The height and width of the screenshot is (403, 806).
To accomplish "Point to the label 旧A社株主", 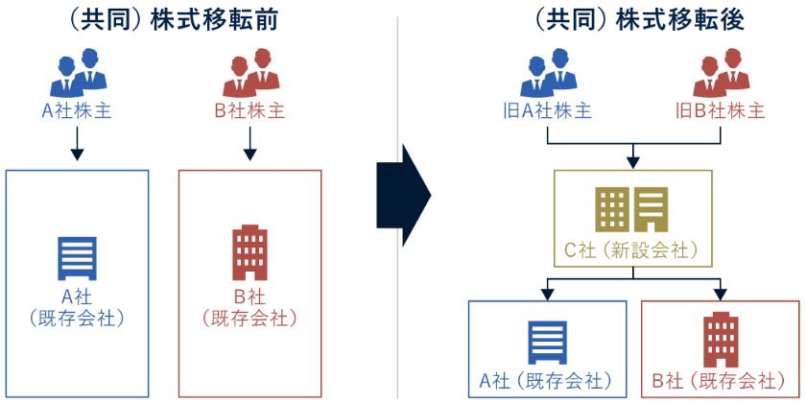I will [547, 110].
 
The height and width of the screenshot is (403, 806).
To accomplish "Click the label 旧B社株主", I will [720, 110].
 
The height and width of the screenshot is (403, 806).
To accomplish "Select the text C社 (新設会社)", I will [632, 252].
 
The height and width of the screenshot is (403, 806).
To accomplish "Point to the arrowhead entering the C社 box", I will [632, 161].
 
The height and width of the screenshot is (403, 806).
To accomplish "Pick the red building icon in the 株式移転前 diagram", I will [250, 252].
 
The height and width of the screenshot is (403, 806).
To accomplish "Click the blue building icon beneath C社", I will [547, 340].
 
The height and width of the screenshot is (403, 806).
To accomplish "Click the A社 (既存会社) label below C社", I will [547, 378].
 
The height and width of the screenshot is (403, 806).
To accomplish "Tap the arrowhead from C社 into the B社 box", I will [720, 293].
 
